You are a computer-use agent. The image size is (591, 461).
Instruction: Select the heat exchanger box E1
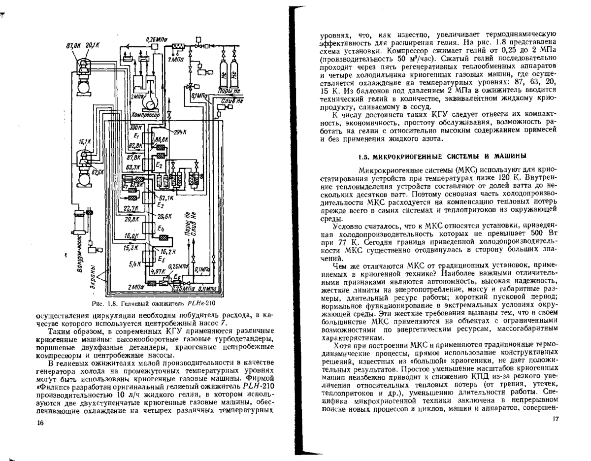[x=148, y=136]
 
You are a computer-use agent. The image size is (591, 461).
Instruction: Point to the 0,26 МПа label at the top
[x=157, y=39]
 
